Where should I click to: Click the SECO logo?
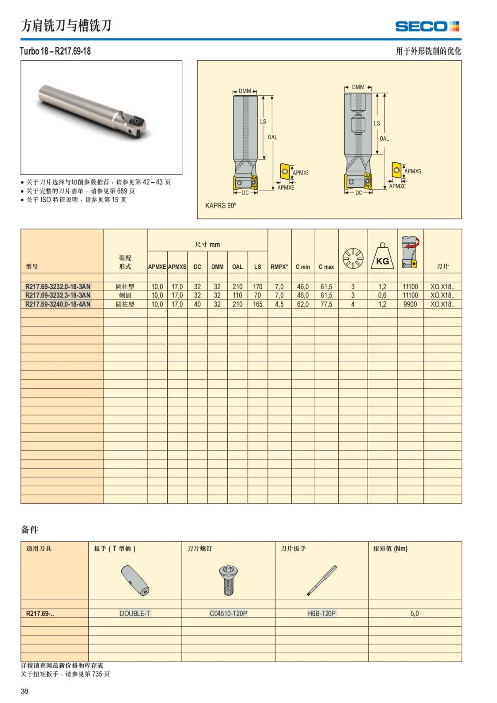click(x=427, y=27)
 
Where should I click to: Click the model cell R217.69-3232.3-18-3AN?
click(x=58, y=295)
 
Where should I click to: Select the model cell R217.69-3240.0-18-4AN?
click(x=58, y=304)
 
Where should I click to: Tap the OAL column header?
click(x=237, y=267)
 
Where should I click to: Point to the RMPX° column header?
click(x=279, y=267)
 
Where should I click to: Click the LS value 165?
click(x=258, y=304)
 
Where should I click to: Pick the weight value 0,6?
click(x=382, y=295)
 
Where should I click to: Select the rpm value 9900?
click(x=410, y=304)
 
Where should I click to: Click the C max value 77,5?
click(x=326, y=304)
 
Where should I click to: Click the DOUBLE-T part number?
click(x=135, y=614)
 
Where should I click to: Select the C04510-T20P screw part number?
click(x=228, y=614)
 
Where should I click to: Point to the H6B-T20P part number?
click(x=321, y=614)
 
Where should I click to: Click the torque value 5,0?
click(x=415, y=614)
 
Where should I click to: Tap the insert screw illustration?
click(x=228, y=580)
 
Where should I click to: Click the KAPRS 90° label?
click(x=221, y=205)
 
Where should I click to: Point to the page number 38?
click(x=24, y=691)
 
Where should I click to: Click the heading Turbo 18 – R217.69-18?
click(x=55, y=51)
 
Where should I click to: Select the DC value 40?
click(x=197, y=304)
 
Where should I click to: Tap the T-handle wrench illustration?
click(x=135, y=580)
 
